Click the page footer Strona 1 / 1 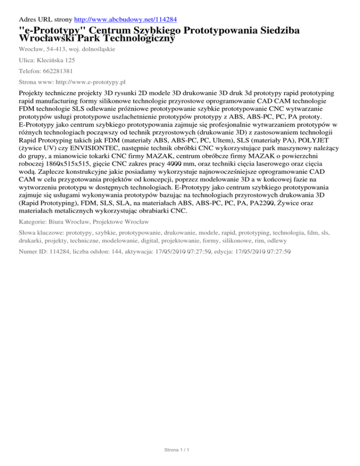180,451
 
